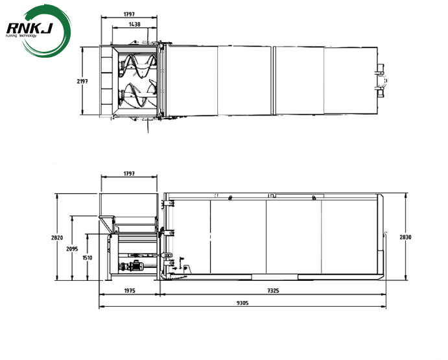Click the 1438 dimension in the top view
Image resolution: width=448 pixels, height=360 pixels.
[x=134, y=23]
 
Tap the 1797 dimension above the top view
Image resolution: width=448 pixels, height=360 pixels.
[x=128, y=14]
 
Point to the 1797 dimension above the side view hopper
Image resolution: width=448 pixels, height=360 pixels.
[x=128, y=174]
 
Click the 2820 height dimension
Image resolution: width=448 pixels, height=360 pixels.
[x=56, y=237]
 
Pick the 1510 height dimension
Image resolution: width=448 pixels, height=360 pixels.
[x=87, y=258]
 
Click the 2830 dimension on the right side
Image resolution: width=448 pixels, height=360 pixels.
[x=405, y=237]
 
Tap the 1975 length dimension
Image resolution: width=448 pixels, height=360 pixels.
[x=128, y=291]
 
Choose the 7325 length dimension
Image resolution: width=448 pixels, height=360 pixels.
[x=272, y=291]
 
